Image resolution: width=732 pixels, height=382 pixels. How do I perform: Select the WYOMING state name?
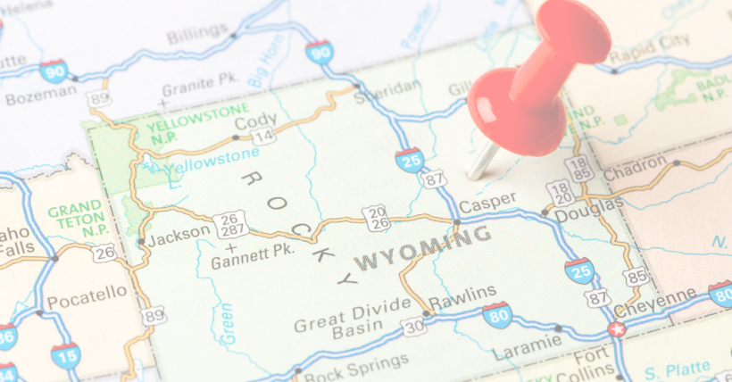(423, 248)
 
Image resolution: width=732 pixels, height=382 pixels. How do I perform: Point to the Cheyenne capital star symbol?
(616, 329)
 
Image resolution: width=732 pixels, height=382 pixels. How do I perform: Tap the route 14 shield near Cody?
(263, 137)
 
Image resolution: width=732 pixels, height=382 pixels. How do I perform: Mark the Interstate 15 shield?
(65, 357)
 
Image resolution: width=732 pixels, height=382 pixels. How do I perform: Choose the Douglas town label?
(589, 205)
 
